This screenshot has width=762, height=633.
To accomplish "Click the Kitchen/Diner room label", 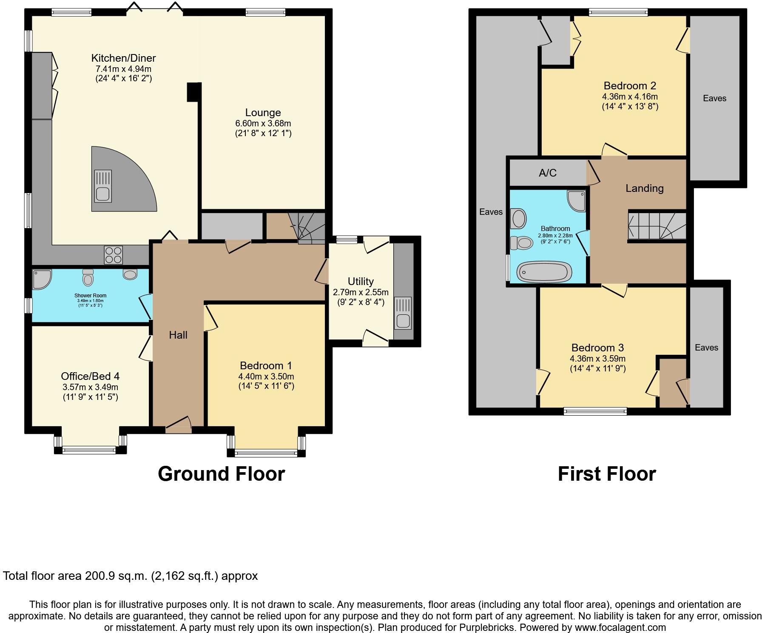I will pyautogui.click(x=123, y=58).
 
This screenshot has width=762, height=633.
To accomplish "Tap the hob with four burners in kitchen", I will pyautogui.click(x=113, y=255).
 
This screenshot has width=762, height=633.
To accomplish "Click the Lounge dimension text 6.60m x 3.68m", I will pyautogui.click(x=263, y=123).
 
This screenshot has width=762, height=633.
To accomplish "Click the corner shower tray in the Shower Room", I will pyautogui.click(x=41, y=279).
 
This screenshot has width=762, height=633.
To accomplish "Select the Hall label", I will pyautogui.click(x=178, y=335).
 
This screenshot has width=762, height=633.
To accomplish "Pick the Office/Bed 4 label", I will pyautogui.click(x=90, y=376).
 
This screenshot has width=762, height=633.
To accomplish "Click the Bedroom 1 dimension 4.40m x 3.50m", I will pyautogui.click(x=266, y=376).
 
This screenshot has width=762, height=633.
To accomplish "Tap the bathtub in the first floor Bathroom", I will pyautogui.click(x=544, y=271).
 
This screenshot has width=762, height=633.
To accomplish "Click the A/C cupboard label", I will pyautogui.click(x=547, y=173).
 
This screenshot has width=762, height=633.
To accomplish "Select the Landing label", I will pyautogui.click(x=644, y=188).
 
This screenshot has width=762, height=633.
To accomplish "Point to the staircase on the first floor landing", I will pyautogui.click(x=657, y=226).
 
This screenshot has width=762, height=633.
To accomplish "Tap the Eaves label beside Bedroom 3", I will pyautogui.click(x=706, y=348).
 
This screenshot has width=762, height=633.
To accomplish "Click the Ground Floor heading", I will pyautogui.click(x=221, y=474).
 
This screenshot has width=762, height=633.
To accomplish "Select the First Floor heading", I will pyautogui.click(x=607, y=474).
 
